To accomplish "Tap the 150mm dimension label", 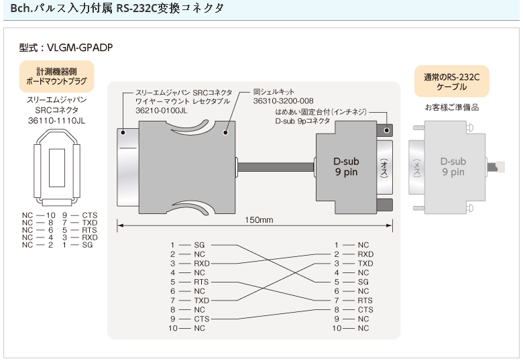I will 259,220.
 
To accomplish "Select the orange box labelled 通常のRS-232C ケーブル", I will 451,82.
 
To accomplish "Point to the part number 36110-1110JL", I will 56,121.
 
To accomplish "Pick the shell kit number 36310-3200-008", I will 284,101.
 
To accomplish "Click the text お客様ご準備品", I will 451,107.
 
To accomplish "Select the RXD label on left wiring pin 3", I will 202,264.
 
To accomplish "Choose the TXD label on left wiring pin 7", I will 202,301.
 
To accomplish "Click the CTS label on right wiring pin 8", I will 365,310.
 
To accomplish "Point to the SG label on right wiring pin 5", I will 363,282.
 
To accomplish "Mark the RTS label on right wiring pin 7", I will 365,301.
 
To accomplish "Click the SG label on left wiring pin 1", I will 199,246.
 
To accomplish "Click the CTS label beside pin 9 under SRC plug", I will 90,215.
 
